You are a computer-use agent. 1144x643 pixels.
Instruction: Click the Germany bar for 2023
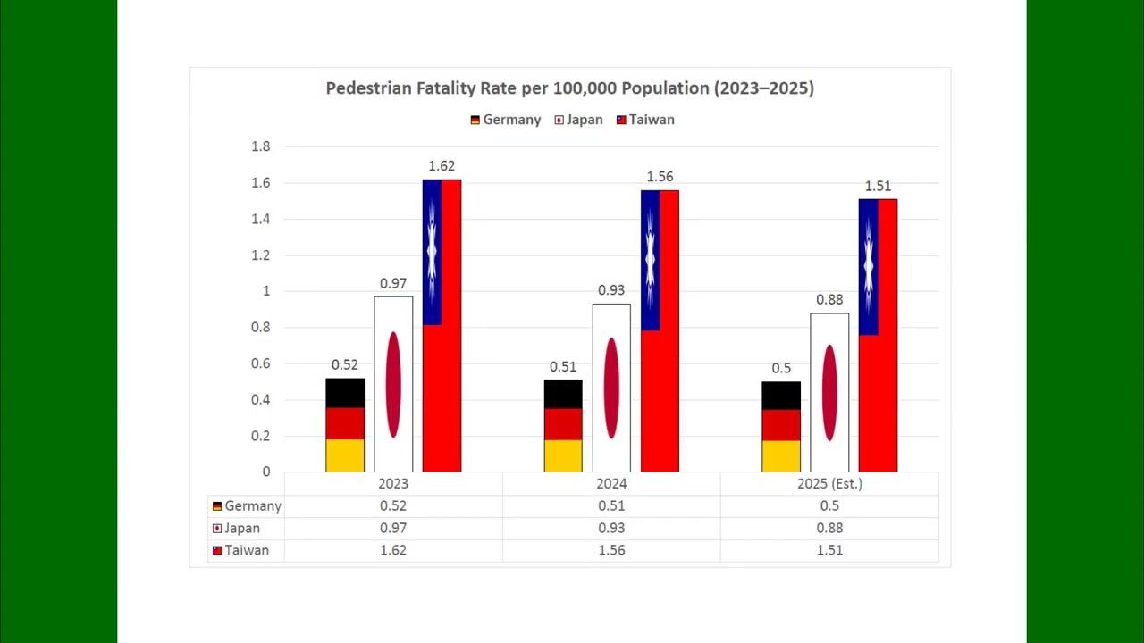[x=345, y=424]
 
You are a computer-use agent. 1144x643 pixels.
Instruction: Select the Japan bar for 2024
[x=611, y=388]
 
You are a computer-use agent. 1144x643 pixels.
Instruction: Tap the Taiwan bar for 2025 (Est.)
[x=878, y=335]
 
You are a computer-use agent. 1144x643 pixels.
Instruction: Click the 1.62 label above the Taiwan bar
[x=442, y=166]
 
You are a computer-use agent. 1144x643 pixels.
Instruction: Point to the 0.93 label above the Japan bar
[x=611, y=290]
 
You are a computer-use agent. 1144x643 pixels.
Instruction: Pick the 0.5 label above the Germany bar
[x=781, y=368]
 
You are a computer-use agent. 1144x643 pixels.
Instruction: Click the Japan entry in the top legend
[x=578, y=120]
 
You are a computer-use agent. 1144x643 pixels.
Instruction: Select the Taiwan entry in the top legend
[x=645, y=120]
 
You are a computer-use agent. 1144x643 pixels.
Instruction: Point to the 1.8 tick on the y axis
[x=260, y=146]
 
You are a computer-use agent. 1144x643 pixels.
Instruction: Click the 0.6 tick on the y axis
[x=260, y=363]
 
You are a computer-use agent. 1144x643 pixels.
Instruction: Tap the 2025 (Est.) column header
[x=829, y=483]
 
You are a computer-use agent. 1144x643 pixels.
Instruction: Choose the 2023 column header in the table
[x=393, y=483]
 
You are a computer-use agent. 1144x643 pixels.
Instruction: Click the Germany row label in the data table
[x=248, y=505]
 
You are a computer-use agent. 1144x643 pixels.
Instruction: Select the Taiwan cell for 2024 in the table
[x=611, y=550]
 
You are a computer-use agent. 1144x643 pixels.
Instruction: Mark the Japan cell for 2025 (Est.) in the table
[x=829, y=528]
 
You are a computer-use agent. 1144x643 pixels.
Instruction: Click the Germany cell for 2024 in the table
[x=611, y=505]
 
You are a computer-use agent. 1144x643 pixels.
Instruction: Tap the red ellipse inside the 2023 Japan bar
[x=393, y=385]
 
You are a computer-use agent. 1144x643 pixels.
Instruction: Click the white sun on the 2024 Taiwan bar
[x=650, y=260]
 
